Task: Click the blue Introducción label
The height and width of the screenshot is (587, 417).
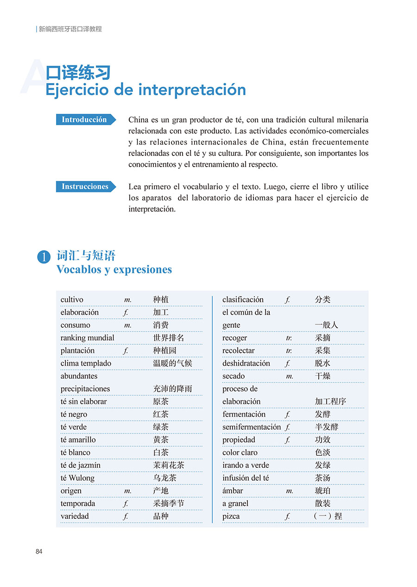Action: click(84, 120)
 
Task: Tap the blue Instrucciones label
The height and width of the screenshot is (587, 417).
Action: click(85, 187)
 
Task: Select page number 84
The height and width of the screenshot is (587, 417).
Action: click(39, 551)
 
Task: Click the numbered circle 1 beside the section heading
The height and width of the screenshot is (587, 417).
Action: click(44, 257)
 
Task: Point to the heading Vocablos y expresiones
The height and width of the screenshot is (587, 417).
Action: click(114, 269)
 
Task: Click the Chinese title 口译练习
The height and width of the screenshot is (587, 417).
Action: click(78, 73)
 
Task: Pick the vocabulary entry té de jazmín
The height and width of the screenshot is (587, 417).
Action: click(80, 465)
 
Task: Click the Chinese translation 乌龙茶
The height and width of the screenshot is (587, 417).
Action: click(164, 478)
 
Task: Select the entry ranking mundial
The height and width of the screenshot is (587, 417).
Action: click(87, 338)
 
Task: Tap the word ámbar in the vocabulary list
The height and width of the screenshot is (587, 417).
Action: click(233, 490)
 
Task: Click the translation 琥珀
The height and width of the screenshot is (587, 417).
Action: click(322, 490)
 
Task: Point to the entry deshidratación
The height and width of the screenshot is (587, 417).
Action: click(246, 363)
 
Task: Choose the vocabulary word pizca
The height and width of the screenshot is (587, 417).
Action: click(231, 516)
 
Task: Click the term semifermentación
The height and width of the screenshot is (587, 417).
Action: click(252, 427)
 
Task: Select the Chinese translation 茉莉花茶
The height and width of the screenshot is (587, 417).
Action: click(168, 465)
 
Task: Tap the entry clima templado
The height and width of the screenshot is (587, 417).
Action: click(86, 363)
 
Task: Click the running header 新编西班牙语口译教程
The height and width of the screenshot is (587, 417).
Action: click(70, 29)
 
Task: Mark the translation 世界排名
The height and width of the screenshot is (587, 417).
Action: click(168, 338)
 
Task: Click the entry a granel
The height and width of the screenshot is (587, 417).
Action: click(235, 503)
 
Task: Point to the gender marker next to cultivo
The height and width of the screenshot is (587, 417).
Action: click(128, 300)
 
